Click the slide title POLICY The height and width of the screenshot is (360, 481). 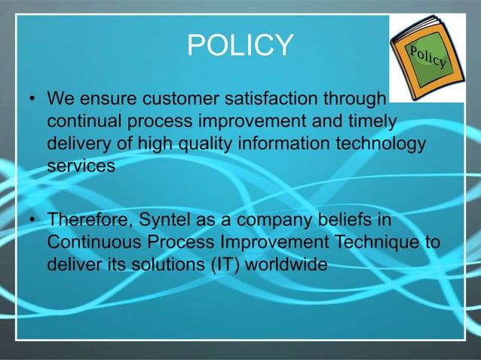tap(240, 46)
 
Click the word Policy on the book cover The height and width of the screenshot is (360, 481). tap(429, 55)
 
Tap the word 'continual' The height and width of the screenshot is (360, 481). tap(82, 121)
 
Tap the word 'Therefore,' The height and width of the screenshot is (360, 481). tap(87, 221)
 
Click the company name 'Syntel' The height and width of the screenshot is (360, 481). tap(160, 221)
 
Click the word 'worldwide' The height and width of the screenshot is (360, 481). tap(293, 265)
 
